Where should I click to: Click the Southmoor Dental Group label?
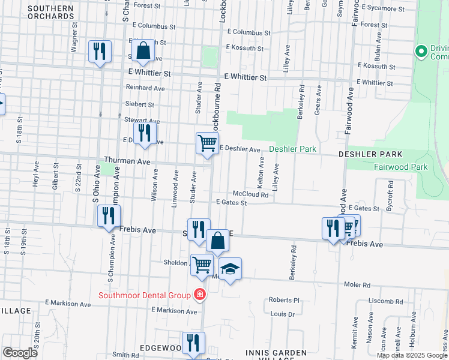click(144, 295)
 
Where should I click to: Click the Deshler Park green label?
click(292, 149)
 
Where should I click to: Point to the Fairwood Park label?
click(401, 167)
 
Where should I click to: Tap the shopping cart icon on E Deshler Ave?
click(207, 143)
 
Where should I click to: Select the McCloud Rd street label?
click(250, 194)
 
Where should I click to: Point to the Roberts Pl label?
click(284, 300)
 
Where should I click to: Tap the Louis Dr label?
click(282, 314)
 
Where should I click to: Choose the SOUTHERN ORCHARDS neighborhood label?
click(50, 12)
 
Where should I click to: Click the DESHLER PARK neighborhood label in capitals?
click(365, 154)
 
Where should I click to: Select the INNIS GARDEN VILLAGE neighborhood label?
click(276, 355)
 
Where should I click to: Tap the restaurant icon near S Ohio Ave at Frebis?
click(109, 216)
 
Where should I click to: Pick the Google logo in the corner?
click(20, 353)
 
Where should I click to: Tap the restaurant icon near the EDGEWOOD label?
click(193, 343)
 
